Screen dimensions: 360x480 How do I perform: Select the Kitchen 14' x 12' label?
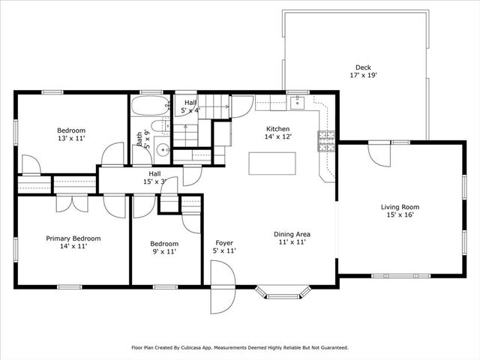(x=277, y=133)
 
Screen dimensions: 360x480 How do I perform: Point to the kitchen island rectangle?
(x=272, y=163)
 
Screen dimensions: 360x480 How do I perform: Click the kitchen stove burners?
(x=327, y=140)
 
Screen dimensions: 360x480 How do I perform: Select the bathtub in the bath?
(x=150, y=104)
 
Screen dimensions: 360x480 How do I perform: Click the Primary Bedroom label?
(x=73, y=242)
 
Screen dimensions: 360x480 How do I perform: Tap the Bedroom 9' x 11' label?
(x=163, y=247)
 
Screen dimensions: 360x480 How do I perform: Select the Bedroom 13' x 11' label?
(x=71, y=134)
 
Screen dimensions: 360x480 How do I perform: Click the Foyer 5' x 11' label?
(x=225, y=247)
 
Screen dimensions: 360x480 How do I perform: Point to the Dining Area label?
(x=292, y=238)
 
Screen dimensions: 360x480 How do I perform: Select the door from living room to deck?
(x=379, y=152)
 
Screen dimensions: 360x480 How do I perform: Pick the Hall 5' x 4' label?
(x=190, y=106)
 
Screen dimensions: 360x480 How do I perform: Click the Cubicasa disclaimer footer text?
(x=240, y=348)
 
